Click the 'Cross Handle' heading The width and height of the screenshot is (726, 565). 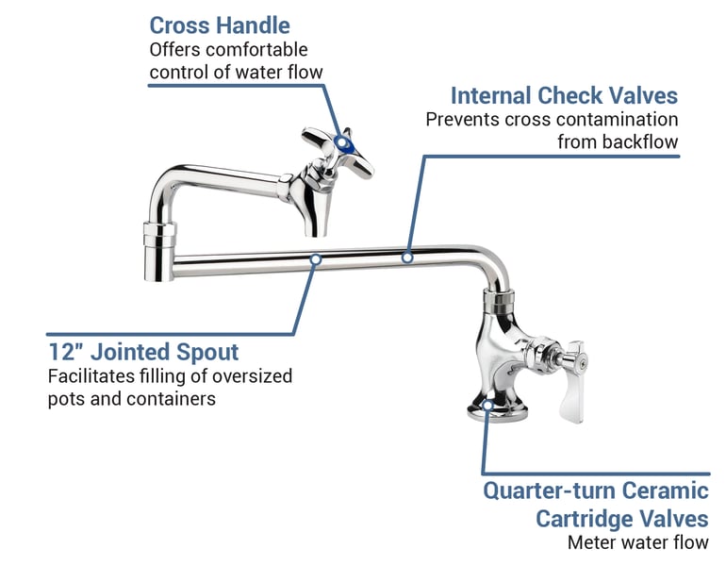tap(220, 25)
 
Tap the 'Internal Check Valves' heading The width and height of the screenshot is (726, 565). tap(564, 96)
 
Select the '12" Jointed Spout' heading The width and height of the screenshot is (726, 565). tap(143, 353)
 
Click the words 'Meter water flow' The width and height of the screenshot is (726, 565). tap(637, 542)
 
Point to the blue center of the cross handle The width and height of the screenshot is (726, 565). tap(345, 145)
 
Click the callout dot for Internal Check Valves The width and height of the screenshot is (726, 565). tap(407, 257)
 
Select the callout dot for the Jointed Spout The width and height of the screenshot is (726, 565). tap(316, 258)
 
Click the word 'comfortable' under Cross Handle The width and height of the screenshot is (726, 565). tap(255, 49)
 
